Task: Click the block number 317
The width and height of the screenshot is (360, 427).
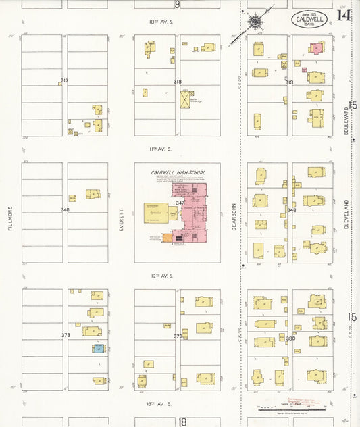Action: point(64,80)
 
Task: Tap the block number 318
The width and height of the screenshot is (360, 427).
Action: point(177,82)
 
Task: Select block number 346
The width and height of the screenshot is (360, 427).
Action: point(64,210)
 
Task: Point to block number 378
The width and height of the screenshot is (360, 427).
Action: point(65,335)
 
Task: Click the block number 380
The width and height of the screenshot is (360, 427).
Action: point(290,338)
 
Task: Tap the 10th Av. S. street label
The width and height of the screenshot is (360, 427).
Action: point(161,22)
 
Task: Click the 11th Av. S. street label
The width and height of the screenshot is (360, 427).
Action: point(161,148)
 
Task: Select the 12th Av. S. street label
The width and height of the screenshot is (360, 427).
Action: point(161,276)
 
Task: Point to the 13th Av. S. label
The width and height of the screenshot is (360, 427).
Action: point(161,403)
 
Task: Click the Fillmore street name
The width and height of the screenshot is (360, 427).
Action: point(10,218)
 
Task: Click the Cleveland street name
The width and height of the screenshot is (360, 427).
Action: point(345,214)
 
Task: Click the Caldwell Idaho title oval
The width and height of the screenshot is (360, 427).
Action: point(310,20)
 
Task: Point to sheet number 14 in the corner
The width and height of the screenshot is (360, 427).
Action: point(344,15)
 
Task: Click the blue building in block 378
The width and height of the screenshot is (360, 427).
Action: point(98,349)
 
